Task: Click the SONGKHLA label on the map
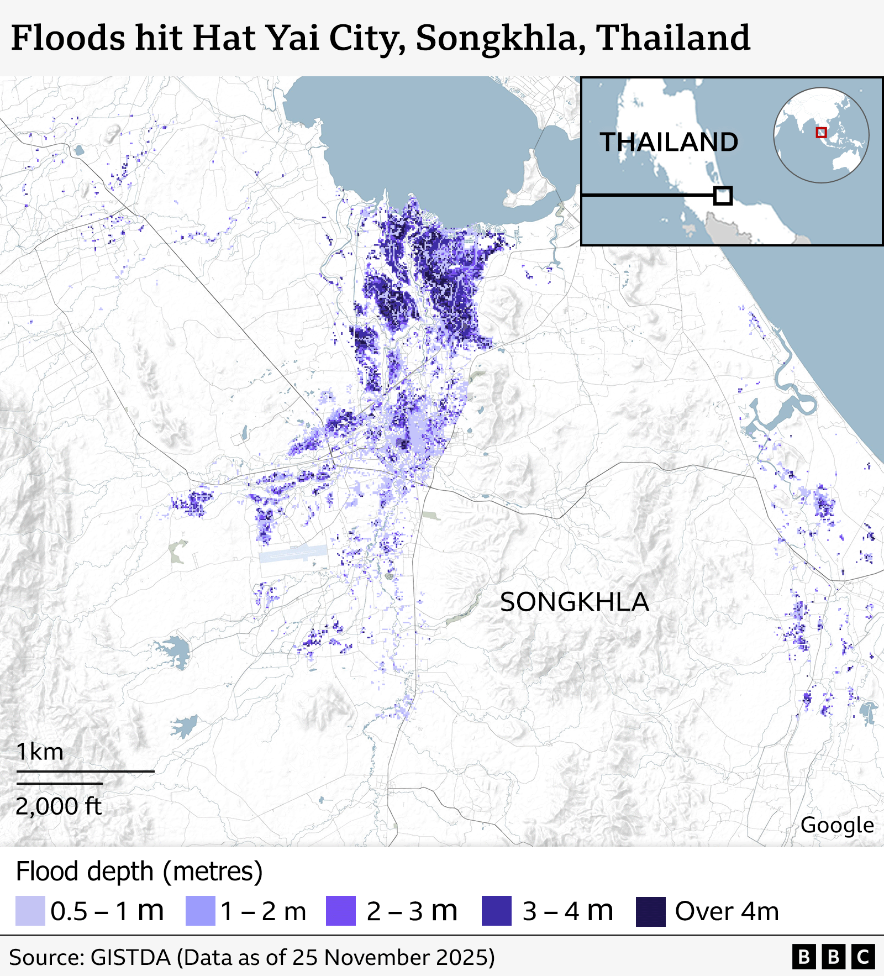pyautogui.click(x=574, y=602)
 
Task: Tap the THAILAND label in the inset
pyautogui.click(x=669, y=142)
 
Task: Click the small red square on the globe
pyautogui.click(x=821, y=133)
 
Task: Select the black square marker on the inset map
pyautogui.click(x=723, y=196)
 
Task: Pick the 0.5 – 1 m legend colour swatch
pyautogui.click(x=30, y=911)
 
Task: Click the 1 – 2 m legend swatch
pyautogui.click(x=200, y=911)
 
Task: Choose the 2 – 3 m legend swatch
pyautogui.click(x=341, y=911)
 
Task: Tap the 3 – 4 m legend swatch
pyautogui.click(x=496, y=911)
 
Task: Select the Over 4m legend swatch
pyautogui.click(x=650, y=911)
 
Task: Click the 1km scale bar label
pyautogui.click(x=40, y=752)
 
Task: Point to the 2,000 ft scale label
pyautogui.click(x=59, y=806)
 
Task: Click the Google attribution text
pyautogui.click(x=836, y=825)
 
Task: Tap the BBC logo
pyautogui.click(x=833, y=957)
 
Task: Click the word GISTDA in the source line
pyautogui.click(x=130, y=957)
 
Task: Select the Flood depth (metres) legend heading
pyautogui.click(x=139, y=872)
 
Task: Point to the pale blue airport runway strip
pyautogui.click(x=293, y=553)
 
